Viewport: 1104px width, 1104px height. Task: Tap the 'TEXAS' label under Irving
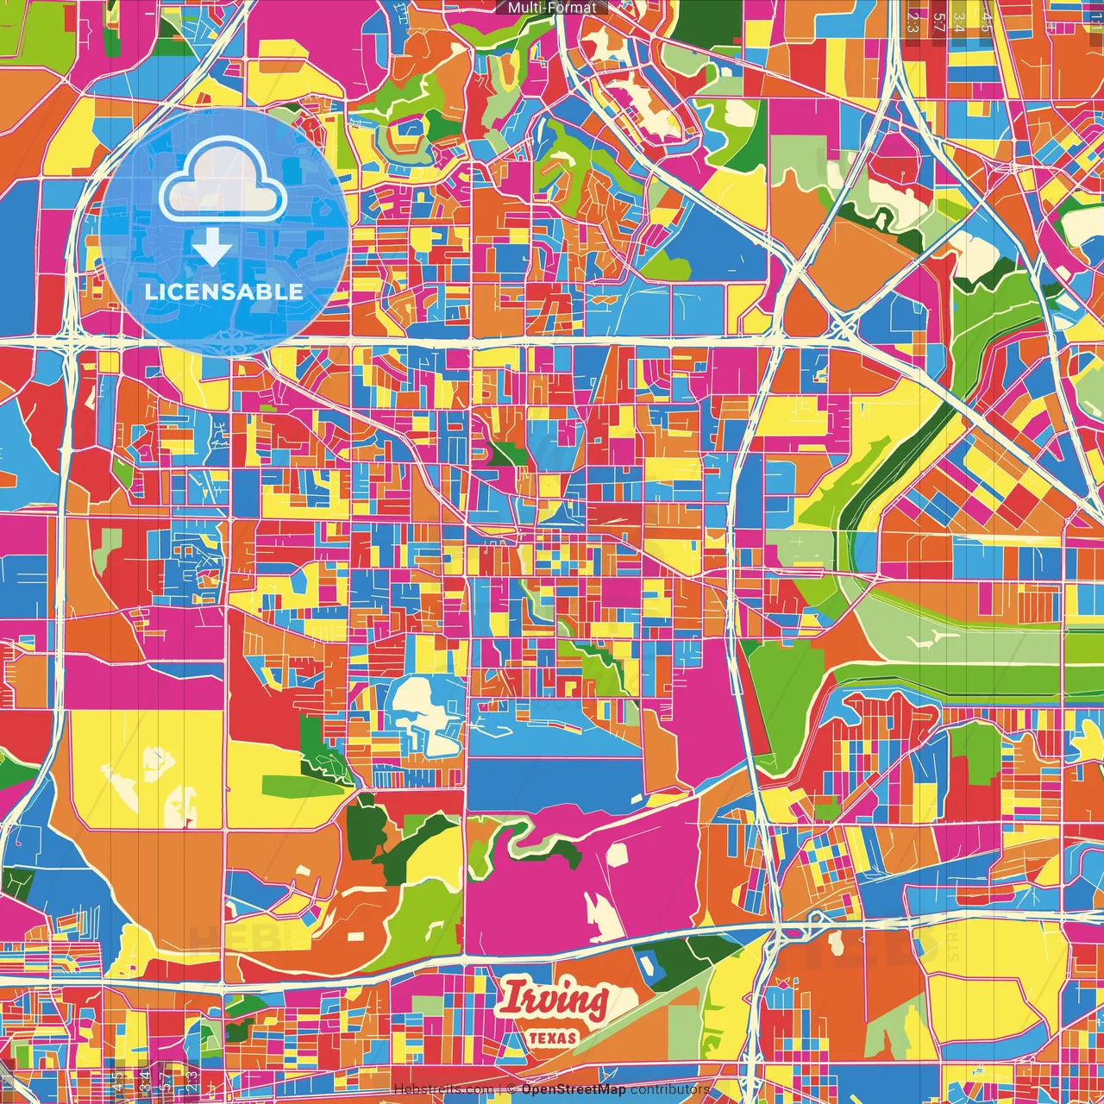click(552, 1038)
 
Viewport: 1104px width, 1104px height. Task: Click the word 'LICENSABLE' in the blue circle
click(224, 292)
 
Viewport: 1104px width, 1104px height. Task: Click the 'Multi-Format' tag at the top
click(552, 8)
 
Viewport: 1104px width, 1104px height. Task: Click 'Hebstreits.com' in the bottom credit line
click(443, 1089)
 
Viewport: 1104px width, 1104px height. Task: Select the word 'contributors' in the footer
click(670, 1089)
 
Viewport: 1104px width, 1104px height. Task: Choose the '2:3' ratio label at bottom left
click(191, 1080)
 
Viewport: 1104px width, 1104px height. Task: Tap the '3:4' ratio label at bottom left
click(143, 1080)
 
